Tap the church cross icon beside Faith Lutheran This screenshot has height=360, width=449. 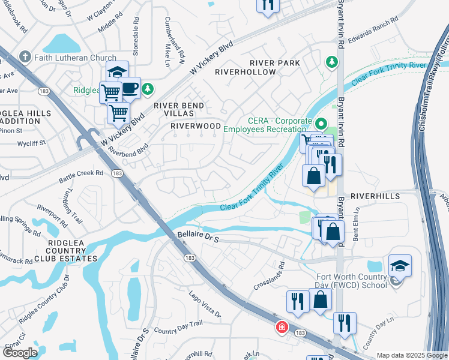point(25,57)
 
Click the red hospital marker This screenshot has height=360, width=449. point(281,328)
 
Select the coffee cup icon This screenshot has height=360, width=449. point(130,88)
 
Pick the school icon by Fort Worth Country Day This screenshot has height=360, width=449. point(400,265)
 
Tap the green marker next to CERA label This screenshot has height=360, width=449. point(320,124)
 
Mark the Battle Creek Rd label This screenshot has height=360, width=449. point(81,176)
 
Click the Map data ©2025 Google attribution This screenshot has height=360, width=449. point(411,355)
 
